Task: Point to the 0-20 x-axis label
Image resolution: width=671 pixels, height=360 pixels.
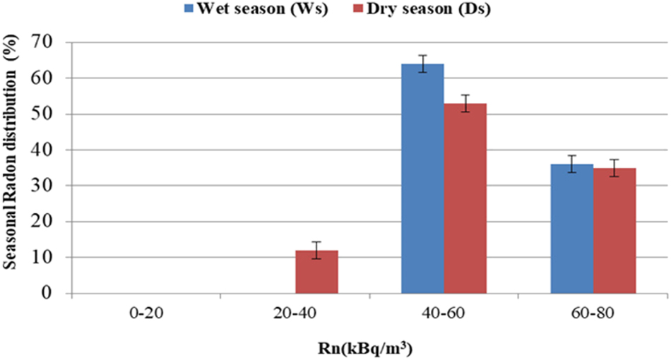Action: click(146, 311)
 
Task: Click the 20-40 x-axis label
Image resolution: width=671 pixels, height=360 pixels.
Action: click(295, 311)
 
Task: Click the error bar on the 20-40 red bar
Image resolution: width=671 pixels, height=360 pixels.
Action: click(317, 250)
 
